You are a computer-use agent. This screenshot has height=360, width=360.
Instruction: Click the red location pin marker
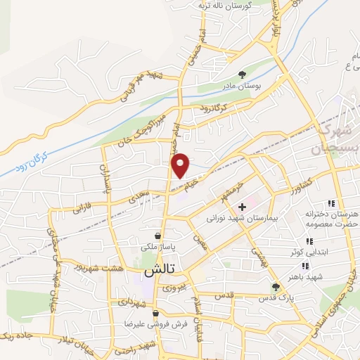pyautogui.click(x=181, y=165)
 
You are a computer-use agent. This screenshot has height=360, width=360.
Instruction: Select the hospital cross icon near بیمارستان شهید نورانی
pyautogui.click(x=242, y=207)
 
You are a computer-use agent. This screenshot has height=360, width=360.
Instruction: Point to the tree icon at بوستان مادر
pyautogui.click(x=242, y=74)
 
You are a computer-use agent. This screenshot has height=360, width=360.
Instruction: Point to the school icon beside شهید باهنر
pyautogui.click(x=304, y=266)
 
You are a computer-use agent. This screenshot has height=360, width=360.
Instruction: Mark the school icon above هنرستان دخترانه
pyautogui.click(x=330, y=203)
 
